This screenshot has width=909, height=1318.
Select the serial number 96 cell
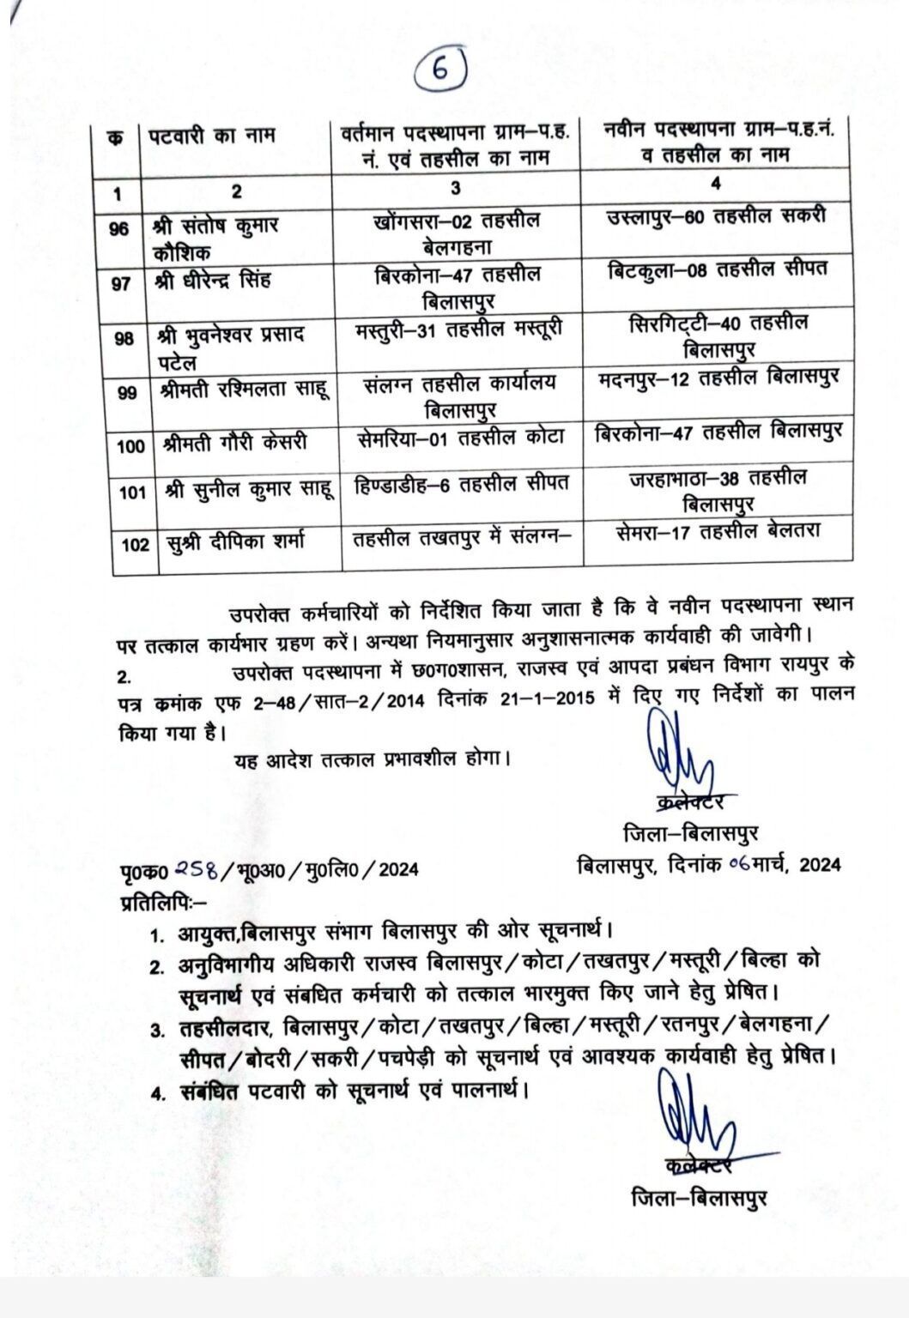click(x=119, y=229)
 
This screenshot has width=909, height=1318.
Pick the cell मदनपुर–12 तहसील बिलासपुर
click(x=718, y=378)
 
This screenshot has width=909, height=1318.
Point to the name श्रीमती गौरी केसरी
click(x=233, y=443)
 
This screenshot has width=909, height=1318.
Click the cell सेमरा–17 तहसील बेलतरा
click(x=718, y=531)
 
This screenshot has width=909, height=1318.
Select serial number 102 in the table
click(x=135, y=544)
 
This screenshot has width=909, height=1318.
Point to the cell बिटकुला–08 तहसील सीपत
click(x=716, y=269)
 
